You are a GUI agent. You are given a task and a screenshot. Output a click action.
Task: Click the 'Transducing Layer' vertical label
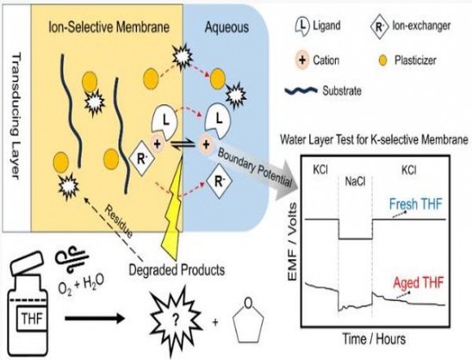pos(16,115)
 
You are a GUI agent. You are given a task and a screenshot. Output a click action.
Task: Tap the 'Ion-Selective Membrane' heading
pos(109,27)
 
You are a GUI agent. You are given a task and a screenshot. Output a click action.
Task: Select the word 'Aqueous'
pos(227,28)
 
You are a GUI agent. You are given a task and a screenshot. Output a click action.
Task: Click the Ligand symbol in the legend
pos(302,26)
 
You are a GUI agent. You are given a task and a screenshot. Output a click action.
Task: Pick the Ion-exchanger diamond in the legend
pos(380,27)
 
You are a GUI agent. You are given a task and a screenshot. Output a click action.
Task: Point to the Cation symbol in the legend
pos(302,60)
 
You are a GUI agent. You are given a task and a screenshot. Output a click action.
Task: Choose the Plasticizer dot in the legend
pos(383,61)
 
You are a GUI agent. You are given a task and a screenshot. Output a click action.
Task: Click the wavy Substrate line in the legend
pos(301,90)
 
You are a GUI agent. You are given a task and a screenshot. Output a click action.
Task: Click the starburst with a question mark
pos(176,321)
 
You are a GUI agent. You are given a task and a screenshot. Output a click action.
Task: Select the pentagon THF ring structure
pos(248,321)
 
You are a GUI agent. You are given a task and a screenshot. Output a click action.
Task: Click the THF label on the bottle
pos(32,319)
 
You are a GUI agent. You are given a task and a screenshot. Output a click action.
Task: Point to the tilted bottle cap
pos(27,263)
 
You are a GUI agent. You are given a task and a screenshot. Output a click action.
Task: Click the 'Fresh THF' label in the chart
pos(415,204)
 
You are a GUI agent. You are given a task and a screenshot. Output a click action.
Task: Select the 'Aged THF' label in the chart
pos(419,283)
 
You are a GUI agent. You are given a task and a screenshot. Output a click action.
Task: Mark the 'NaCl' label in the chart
pos(355,182)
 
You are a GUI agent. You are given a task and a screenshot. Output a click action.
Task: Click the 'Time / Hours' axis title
pos(374,339)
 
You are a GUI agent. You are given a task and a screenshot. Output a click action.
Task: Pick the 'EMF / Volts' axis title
pos(293,242)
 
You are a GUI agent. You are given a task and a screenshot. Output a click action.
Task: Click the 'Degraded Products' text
pos(177,270)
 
